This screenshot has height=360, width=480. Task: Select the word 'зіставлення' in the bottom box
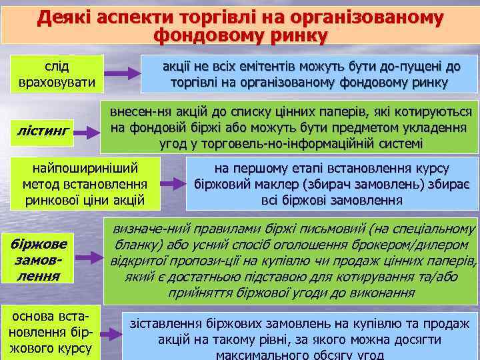[165, 323]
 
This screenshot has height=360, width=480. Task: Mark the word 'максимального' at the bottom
[265, 355]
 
